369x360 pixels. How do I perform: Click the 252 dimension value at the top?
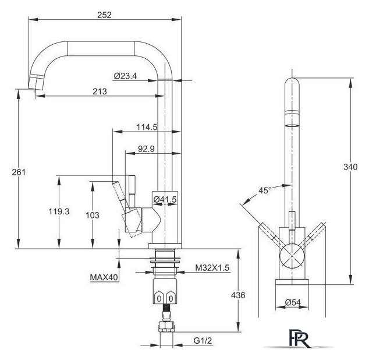[104, 15]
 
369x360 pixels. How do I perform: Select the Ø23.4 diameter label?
[125, 76]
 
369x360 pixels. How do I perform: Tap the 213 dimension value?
[100, 91]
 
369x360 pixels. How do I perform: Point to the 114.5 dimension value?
[147, 127]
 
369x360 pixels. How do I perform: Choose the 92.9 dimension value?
[146, 149]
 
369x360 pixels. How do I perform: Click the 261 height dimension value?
[19, 172]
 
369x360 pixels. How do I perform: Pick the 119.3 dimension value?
[59, 211]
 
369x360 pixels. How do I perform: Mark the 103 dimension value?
[93, 215]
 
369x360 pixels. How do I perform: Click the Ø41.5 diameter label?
[165, 200]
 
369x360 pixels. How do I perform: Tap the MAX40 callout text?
[104, 277]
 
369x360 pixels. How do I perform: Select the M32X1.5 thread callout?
[212, 268]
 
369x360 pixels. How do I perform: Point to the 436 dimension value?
[238, 295]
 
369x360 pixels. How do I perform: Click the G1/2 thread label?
[203, 341]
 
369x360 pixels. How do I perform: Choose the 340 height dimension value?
[350, 167]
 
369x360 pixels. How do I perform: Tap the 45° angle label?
[265, 190]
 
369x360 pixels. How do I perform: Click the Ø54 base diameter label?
[293, 302]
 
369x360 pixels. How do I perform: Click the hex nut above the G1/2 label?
[166, 327]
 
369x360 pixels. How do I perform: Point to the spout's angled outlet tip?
[36, 83]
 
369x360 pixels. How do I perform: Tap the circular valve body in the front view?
[292, 256]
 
